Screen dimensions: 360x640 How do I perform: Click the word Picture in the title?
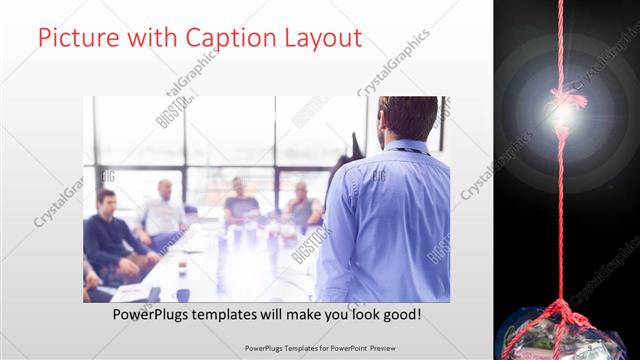tap(76, 38)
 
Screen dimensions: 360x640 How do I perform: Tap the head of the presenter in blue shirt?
tap(407, 117)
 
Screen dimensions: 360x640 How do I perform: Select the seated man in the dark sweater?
tap(108, 235)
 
